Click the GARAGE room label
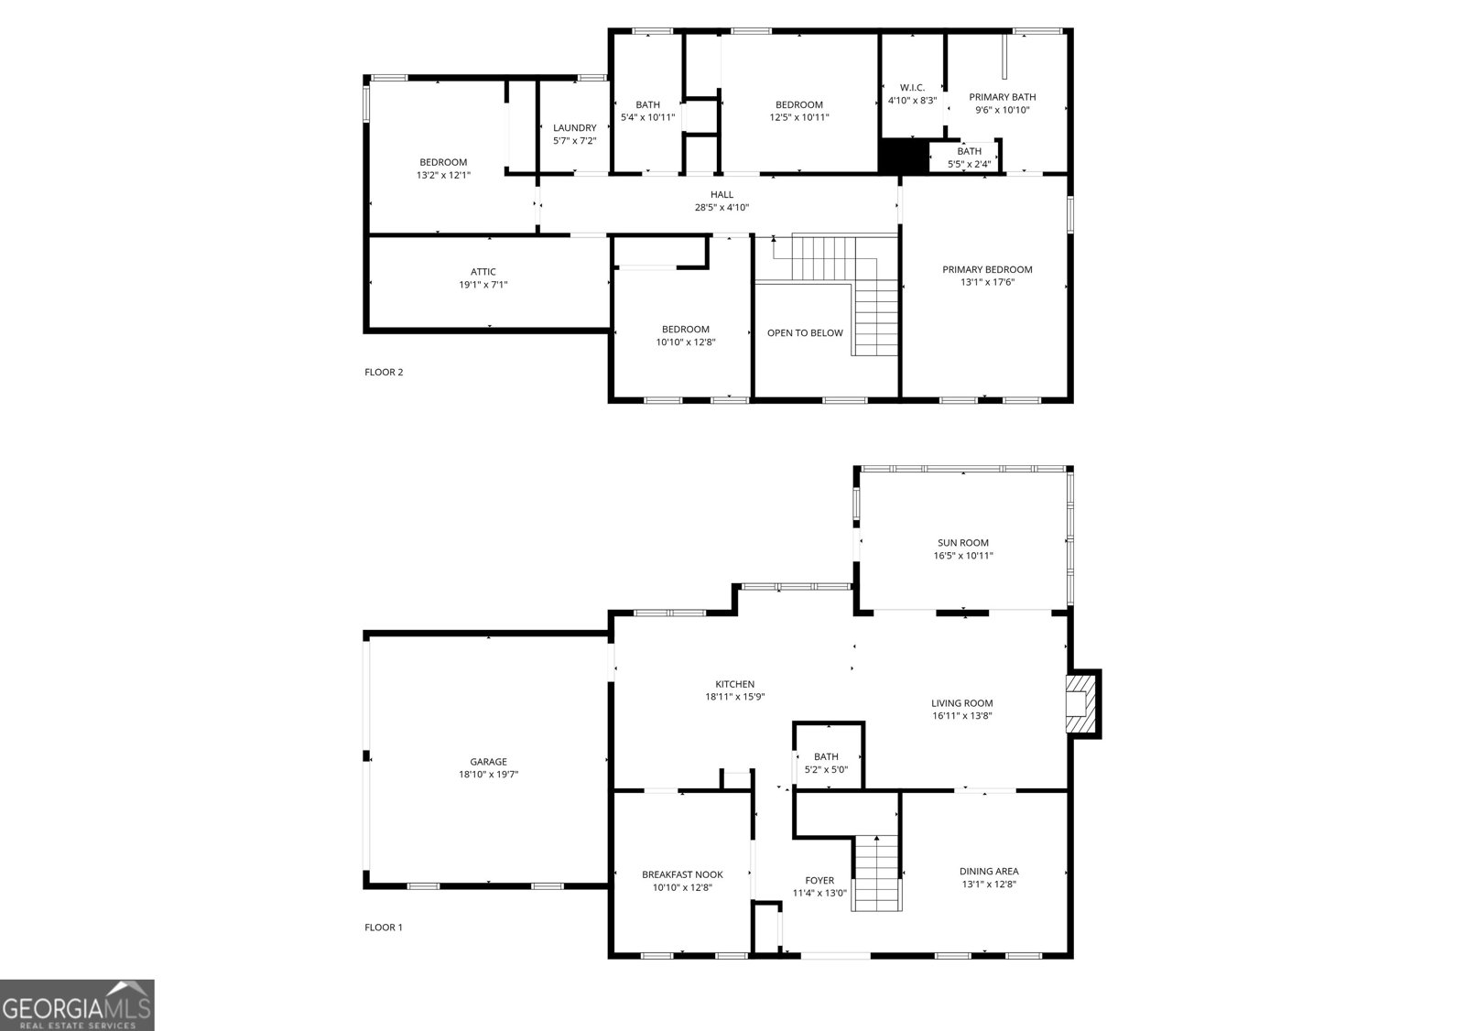pos(488,762)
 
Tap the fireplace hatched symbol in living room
pos(1081,704)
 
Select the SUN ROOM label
pos(962,543)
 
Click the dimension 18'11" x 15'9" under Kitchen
pos(734,697)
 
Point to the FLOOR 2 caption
pos(384,372)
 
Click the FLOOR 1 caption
pos(384,928)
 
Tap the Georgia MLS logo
pos(77,1004)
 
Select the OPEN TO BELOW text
pos(805,333)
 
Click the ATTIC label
pos(483,272)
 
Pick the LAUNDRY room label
pos(574,128)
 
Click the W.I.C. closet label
pos(912,88)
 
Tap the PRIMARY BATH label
pos(1003,97)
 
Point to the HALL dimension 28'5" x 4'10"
pos(722,208)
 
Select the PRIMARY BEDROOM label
pos(987,269)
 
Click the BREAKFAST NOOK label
pos(682,874)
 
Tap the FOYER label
pos(819,881)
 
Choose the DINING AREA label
pos(989,872)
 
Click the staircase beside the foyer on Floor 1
pos(877,874)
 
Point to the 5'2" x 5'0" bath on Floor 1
pos(826,763)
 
